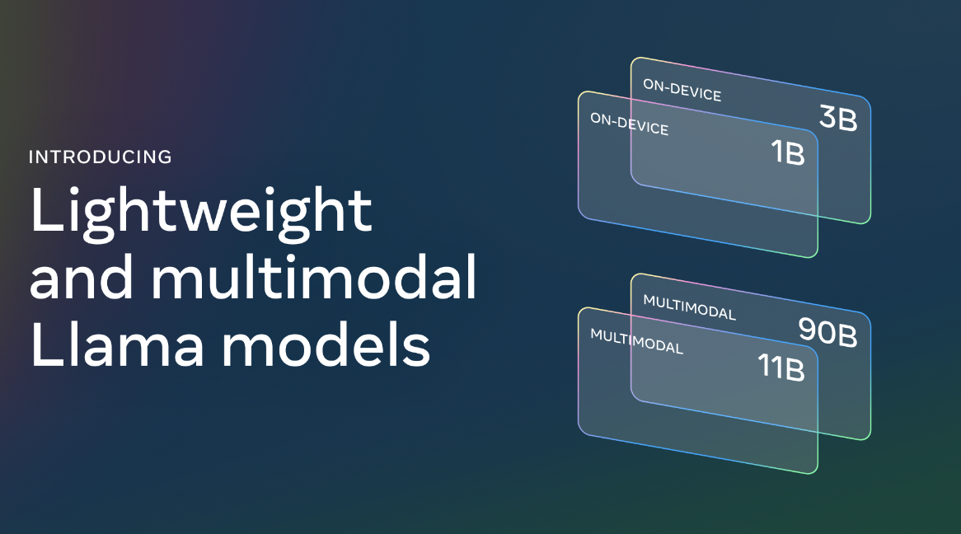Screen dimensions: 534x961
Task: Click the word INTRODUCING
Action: [x=100, y=157]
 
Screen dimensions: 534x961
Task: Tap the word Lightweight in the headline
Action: [x=201, y=211]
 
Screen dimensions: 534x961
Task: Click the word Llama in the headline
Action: [x=117, y=346]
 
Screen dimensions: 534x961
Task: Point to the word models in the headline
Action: [x=326, y=346]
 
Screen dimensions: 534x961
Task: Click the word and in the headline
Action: [x=80, y=279]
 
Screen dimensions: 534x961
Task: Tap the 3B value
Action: [x=838, y=119]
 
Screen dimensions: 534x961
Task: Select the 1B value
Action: [x=786, y=152]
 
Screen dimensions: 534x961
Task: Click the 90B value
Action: [x=827, y=330]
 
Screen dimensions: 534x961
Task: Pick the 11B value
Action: [x=780, y=367]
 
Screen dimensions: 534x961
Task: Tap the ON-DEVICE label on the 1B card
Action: [x=629, y=124]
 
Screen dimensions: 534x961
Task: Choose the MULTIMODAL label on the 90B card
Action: [x=689, y=307]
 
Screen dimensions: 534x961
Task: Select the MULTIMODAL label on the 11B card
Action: [x=636, y=340]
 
